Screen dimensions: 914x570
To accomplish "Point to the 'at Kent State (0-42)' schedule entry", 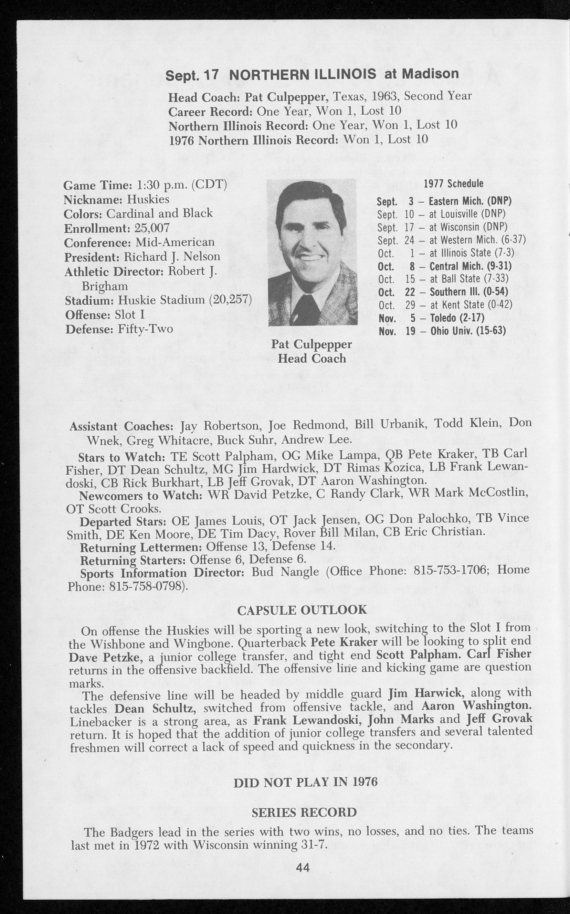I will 445,305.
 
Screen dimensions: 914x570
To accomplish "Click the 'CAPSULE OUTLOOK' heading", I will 302,609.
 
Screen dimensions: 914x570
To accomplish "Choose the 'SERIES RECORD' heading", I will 304,812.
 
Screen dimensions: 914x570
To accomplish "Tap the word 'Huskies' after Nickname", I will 148,199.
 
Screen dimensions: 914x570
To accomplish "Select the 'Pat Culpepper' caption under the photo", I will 312,344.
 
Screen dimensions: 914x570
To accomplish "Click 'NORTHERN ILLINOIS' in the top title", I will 302,74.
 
